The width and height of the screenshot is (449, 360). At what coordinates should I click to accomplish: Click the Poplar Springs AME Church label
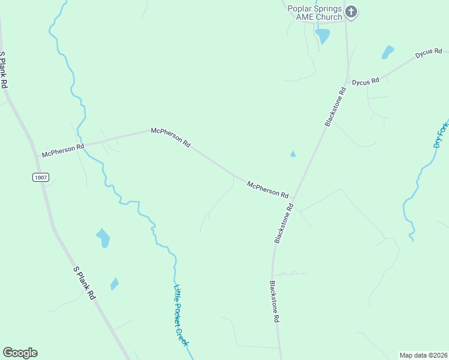314,13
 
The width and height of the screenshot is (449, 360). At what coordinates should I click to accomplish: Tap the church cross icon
352,11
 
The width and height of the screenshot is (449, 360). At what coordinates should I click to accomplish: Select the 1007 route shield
41,177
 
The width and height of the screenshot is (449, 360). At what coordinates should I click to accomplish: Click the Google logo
20,352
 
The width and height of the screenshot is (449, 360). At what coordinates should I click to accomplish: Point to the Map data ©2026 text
423,355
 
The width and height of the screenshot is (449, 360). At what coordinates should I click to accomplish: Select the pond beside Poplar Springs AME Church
323,36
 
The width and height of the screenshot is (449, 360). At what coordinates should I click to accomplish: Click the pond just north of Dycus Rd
388,52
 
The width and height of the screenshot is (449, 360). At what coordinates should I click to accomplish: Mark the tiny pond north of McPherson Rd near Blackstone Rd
293,154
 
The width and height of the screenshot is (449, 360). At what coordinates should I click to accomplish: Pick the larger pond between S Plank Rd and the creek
103,238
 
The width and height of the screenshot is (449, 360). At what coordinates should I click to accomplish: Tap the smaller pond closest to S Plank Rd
114,283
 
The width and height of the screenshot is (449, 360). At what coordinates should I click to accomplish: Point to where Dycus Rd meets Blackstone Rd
347,83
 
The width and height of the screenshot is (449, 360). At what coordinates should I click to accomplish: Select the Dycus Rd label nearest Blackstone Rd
366,81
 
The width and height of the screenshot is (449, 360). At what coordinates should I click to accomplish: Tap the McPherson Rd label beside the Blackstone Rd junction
268,190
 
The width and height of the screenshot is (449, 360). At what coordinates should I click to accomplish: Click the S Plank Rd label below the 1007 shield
84,283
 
